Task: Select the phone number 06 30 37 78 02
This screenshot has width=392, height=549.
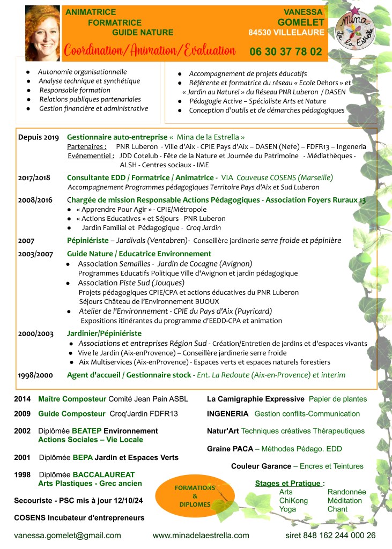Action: click(286, 52)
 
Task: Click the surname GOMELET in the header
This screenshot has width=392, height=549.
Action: click(301, 22)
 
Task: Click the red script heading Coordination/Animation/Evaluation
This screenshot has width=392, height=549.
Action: click(150, 51)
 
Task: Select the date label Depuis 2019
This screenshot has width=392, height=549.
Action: click(39, 137)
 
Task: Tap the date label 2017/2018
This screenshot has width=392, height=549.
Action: click(35, 177)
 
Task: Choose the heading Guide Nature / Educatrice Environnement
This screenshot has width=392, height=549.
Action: click(139, 254)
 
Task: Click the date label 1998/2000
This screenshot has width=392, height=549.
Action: click(36, 375)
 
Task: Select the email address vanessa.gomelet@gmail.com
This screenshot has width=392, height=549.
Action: click(68, 535)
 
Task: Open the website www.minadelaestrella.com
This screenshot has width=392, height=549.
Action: click(201, 535)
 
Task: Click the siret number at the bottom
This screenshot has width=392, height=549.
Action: click(330, 535)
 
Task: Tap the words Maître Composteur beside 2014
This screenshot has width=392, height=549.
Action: click(72, 399)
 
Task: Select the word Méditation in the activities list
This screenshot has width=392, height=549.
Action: click(344, 500)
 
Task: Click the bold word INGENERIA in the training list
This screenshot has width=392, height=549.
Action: click(228, 414)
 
